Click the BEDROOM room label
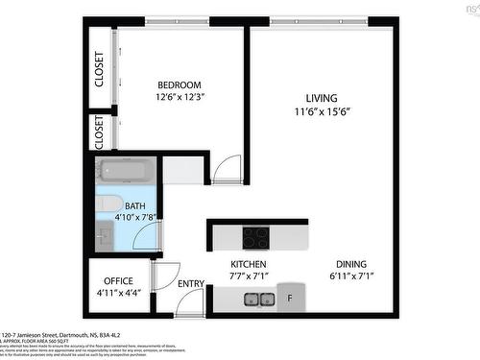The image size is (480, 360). point(179,84)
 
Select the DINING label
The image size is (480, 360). point(350,264)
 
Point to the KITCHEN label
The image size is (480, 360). point(248,264)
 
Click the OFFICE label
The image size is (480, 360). point(119,280)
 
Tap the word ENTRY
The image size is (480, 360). point(191,283)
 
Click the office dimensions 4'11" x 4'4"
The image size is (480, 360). point(119,293)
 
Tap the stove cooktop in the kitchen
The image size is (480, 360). point(255,236)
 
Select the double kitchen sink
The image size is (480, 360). point(257,300)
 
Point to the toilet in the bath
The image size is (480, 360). point(108,204)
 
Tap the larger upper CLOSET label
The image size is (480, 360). point(100,69)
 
